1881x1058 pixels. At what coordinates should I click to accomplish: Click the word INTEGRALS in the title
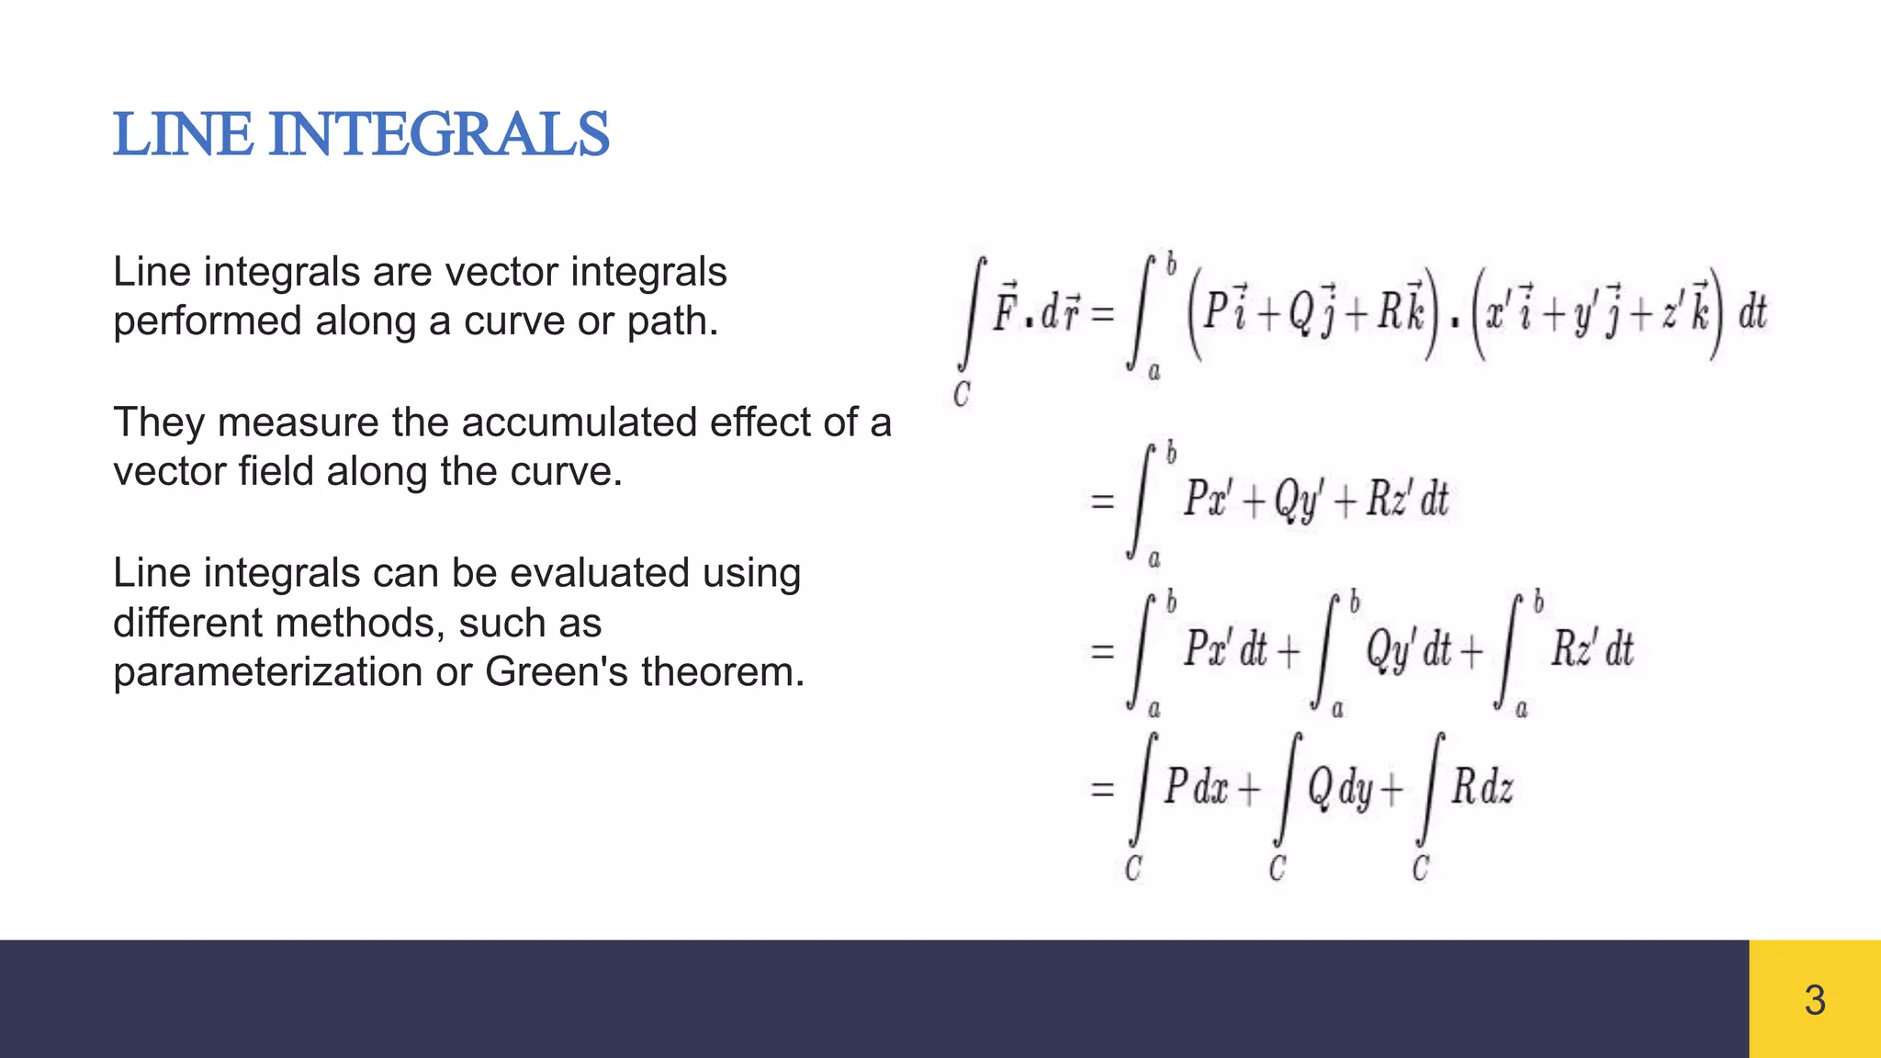439,134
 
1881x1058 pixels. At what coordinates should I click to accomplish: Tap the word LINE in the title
182,134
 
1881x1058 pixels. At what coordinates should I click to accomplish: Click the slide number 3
1814,1000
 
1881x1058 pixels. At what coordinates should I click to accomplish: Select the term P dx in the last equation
1197,788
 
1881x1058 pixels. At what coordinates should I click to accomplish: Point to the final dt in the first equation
1752,313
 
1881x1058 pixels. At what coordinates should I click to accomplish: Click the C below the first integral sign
962,395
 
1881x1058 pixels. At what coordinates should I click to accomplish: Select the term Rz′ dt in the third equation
1592,649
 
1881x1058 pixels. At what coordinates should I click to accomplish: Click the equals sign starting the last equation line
1102,789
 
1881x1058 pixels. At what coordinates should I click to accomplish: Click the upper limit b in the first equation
1171,265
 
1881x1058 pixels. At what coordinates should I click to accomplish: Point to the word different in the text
186,623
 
